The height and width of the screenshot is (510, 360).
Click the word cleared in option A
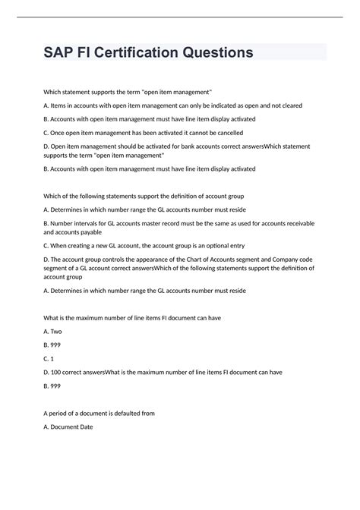pyautogui.click(x=286, y=105)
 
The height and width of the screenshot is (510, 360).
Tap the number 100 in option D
pyautogui.click(x=60, y=373)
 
